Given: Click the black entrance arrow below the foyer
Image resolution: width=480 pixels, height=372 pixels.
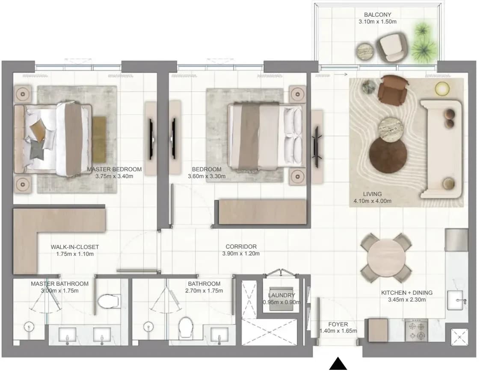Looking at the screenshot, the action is [338, 364].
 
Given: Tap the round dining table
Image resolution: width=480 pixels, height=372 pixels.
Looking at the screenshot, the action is [386, 258].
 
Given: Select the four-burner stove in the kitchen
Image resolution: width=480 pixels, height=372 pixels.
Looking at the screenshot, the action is [416, 331].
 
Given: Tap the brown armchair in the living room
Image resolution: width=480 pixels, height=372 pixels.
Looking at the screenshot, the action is [393, 90].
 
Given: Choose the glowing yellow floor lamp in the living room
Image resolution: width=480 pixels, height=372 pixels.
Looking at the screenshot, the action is [442, 88].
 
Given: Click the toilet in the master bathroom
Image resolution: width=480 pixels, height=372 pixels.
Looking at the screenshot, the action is [109, 301].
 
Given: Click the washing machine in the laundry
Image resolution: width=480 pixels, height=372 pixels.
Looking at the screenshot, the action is [281, 299].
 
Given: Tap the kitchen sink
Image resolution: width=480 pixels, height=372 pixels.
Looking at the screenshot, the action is [456, 300].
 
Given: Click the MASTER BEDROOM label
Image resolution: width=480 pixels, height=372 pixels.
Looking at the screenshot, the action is [114, 169].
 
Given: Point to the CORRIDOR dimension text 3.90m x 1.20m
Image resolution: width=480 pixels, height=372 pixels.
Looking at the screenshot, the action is [241, 253].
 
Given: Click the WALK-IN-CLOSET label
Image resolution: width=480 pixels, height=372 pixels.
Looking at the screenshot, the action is [75, 247].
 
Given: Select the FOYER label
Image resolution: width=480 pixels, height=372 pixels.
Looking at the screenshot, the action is [338, 324].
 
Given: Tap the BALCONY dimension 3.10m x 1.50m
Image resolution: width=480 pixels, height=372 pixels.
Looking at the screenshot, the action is [377, 22].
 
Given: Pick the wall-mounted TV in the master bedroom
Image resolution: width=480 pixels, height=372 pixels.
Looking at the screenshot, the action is [151, 139].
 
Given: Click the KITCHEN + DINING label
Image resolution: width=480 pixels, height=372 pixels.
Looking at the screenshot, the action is [407, 293].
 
